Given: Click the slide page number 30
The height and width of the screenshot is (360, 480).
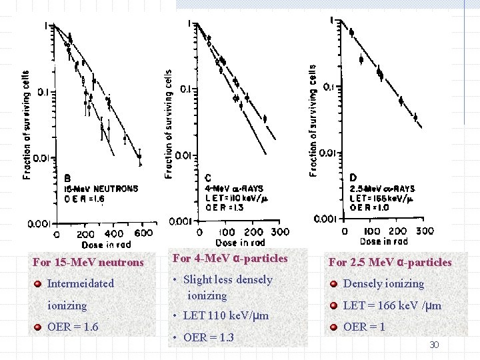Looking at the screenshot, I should pos(434,345).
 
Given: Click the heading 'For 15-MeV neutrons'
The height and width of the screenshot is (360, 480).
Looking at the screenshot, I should pos(88,263).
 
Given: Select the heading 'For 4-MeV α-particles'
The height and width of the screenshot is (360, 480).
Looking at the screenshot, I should pos(230,259).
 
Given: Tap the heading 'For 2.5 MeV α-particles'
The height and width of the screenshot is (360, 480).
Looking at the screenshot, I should pos(390,262).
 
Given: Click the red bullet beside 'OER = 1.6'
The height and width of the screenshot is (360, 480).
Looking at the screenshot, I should pos(38,327).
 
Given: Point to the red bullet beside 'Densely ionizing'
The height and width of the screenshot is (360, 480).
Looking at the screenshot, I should pos(333,284).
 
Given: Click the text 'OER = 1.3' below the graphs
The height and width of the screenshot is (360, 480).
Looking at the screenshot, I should pos(208,337).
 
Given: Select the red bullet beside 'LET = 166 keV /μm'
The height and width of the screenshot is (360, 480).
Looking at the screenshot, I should pos(333,305).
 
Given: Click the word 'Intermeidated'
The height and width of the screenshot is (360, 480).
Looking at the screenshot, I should pos(81,283).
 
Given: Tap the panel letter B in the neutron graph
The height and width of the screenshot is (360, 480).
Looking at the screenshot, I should pos(67,178).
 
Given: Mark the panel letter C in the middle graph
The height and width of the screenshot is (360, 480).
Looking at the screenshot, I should pos(208,178).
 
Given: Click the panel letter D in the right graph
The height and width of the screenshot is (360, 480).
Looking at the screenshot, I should pos(353,177).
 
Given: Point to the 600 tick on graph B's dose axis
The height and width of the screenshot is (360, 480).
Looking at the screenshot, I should pos(143,234).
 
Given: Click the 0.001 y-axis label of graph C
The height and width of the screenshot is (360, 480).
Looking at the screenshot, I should pos(180,221).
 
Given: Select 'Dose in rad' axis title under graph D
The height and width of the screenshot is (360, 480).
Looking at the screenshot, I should pos(385,241).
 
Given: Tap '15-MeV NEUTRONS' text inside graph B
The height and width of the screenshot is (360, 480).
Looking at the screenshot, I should pos(101,189).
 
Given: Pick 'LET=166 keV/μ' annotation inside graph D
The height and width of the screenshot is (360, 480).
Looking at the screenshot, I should pos(382,198).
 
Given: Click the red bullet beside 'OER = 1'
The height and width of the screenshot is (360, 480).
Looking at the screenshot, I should pos(333,327).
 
